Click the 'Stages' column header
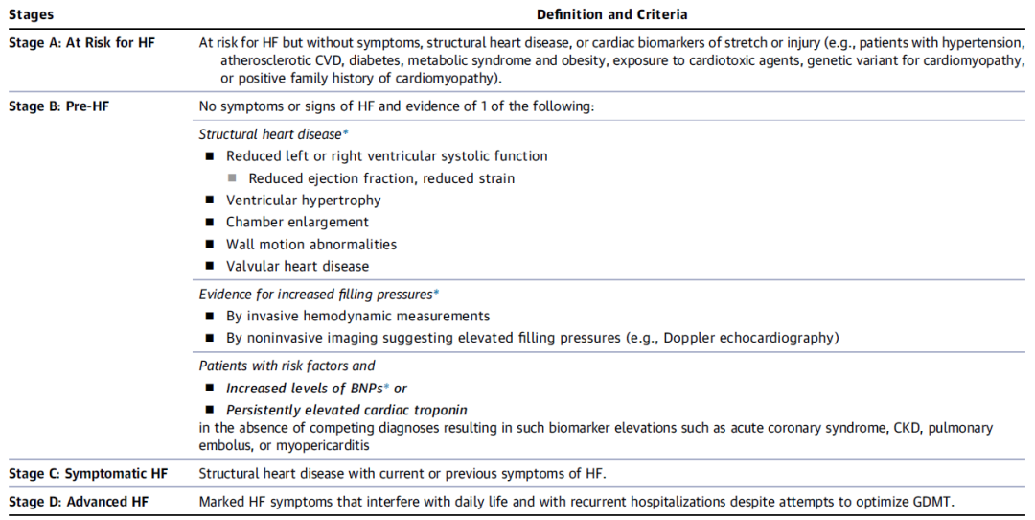[x=31, y=14]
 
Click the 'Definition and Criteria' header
[x=611, y=14]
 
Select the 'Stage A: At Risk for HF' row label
[x=81, y=43]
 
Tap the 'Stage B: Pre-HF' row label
[x=58, y=106]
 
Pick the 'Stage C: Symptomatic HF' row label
[x=88, y=473]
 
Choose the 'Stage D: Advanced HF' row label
[x=79, y=502]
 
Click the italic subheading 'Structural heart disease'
[x=270, y=134]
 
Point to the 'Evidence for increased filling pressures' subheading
[x=315, y=295]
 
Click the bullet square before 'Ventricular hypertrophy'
[x=209, y=201]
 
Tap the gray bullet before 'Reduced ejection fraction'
[x=232, y=178]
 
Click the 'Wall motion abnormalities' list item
[x=310, y=245]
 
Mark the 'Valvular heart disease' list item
[x=297, y=267]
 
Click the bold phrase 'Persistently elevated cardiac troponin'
[x=346, y=410]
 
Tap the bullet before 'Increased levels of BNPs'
[x=209, y=389]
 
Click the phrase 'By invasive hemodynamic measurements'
[x=357, y=316]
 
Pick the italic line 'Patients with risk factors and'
[x=287, y=366]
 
